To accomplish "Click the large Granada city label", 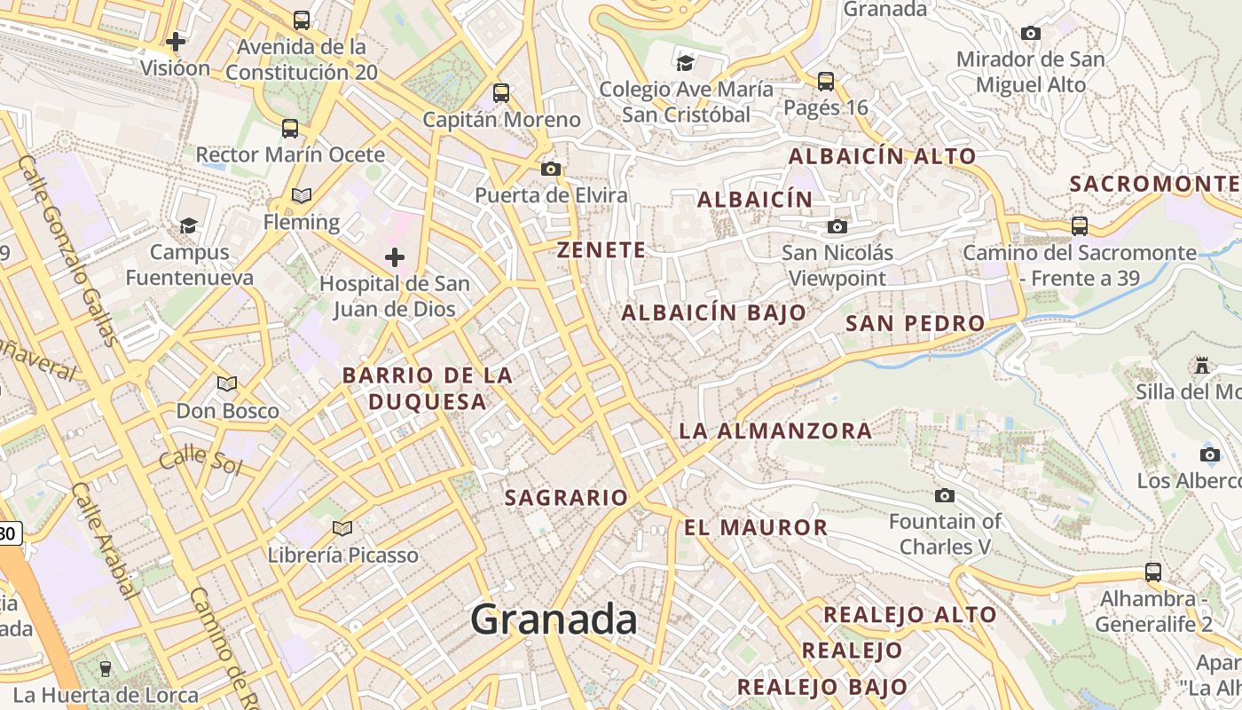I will pos(554,619).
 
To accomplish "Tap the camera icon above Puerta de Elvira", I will pos(551,169).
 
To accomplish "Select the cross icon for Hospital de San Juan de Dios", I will pos(395,257).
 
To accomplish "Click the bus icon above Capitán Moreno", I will pos(501,92).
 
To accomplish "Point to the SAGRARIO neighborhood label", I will pos(566,498).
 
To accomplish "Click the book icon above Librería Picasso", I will pos(342,528).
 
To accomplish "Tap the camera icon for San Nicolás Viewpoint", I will pos(837,226).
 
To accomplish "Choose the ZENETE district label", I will pos(601,250).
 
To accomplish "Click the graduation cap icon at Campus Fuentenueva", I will pos(188,225).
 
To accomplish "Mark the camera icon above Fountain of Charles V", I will pos(945,495).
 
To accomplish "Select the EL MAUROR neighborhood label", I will pos(755,527).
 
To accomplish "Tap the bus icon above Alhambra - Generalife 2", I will pos(1153,572).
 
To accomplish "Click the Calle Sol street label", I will pos(200,461).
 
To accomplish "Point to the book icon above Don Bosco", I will pos(227,383).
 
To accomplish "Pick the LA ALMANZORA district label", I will pos(775,431).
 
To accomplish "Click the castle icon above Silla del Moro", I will pos(1202,365).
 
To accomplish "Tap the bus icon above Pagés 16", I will pos(826,82).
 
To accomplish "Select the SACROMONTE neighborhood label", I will pos(1154,184).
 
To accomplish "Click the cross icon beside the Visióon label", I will pos(176,41).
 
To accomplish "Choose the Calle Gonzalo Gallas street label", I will pos(67,249).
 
